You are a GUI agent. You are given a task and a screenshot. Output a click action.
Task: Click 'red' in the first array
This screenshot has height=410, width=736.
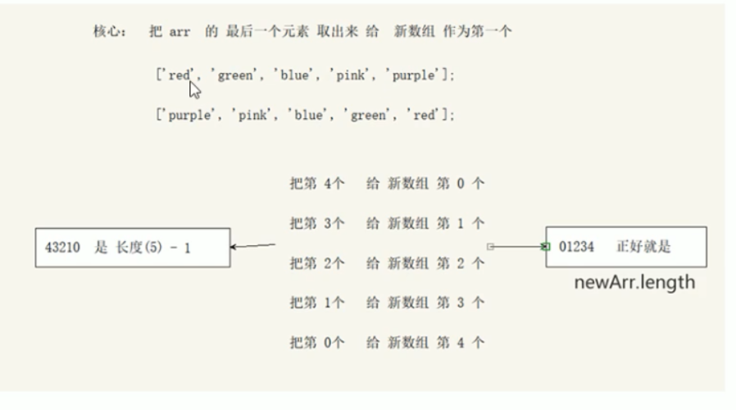tap(179, 75)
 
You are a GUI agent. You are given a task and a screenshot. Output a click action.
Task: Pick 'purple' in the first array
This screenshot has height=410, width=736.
tap(415, 75)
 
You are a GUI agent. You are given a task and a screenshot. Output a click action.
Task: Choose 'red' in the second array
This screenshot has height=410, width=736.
tap(424, 116)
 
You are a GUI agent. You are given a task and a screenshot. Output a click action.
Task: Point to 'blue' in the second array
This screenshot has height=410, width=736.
tap(306, 116)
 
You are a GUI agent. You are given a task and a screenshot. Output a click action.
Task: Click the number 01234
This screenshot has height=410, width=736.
tap(576, 247)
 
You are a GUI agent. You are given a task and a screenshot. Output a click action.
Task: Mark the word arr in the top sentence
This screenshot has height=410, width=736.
tap(179, 32)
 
